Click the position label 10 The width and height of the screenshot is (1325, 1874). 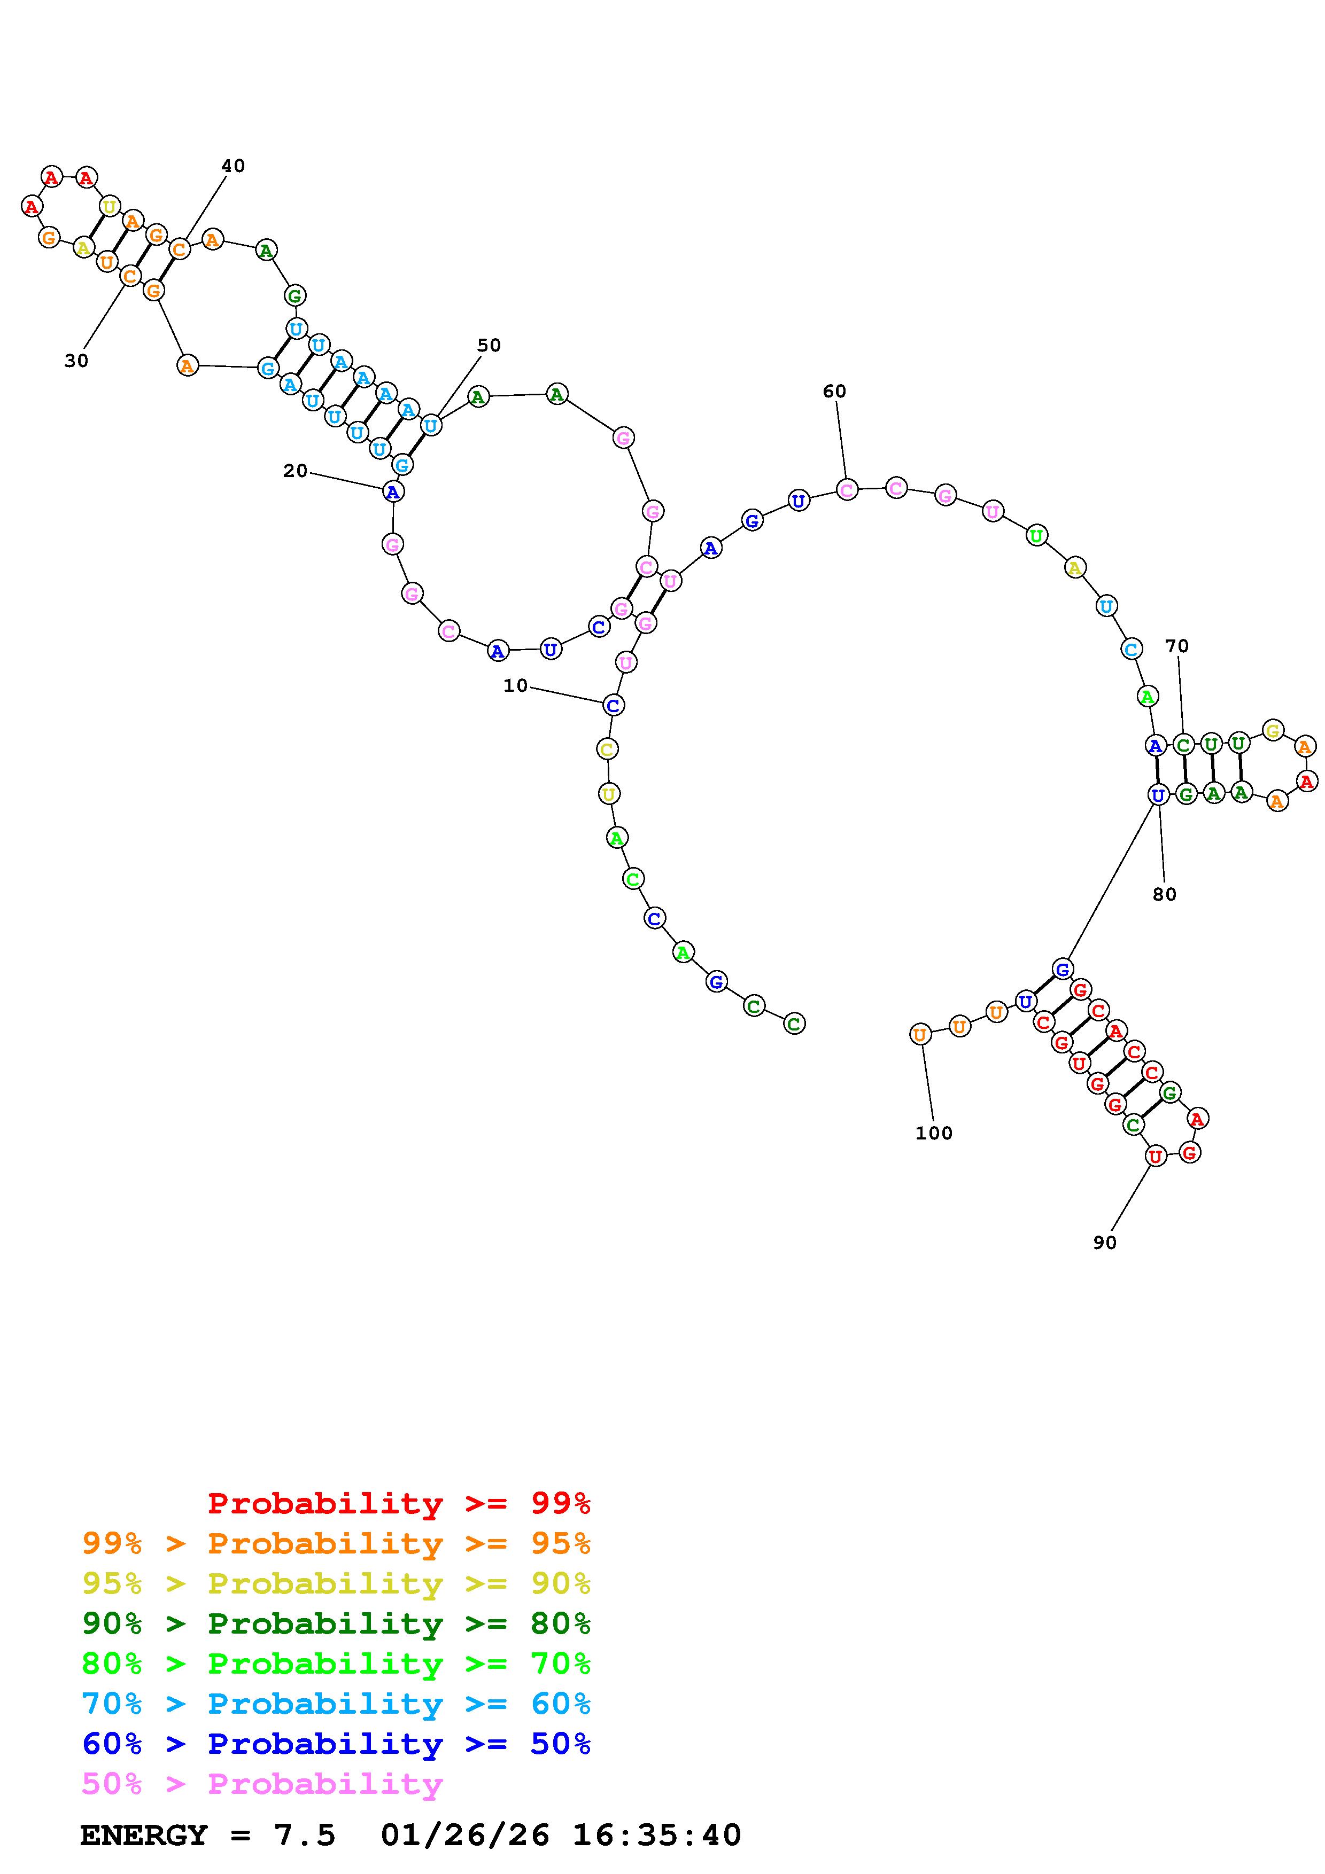(515, 685)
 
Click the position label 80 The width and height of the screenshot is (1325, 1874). (1164, 895)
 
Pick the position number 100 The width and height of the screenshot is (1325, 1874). (933, 1133)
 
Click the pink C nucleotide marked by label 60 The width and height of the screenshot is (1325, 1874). (847, 490)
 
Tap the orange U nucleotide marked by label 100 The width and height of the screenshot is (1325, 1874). (920, 1034)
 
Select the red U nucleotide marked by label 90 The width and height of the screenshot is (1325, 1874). (1154, 1155)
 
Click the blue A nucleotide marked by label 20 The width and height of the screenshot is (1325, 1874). (393, 491)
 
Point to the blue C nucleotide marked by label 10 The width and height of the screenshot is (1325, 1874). (613, 705)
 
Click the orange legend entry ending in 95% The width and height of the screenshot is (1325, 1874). (336, 1543)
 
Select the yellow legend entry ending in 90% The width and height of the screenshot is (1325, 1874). (336, 1583)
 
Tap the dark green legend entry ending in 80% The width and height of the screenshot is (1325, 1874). (336, 1623)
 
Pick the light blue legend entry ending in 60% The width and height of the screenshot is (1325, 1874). (336, 1704)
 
